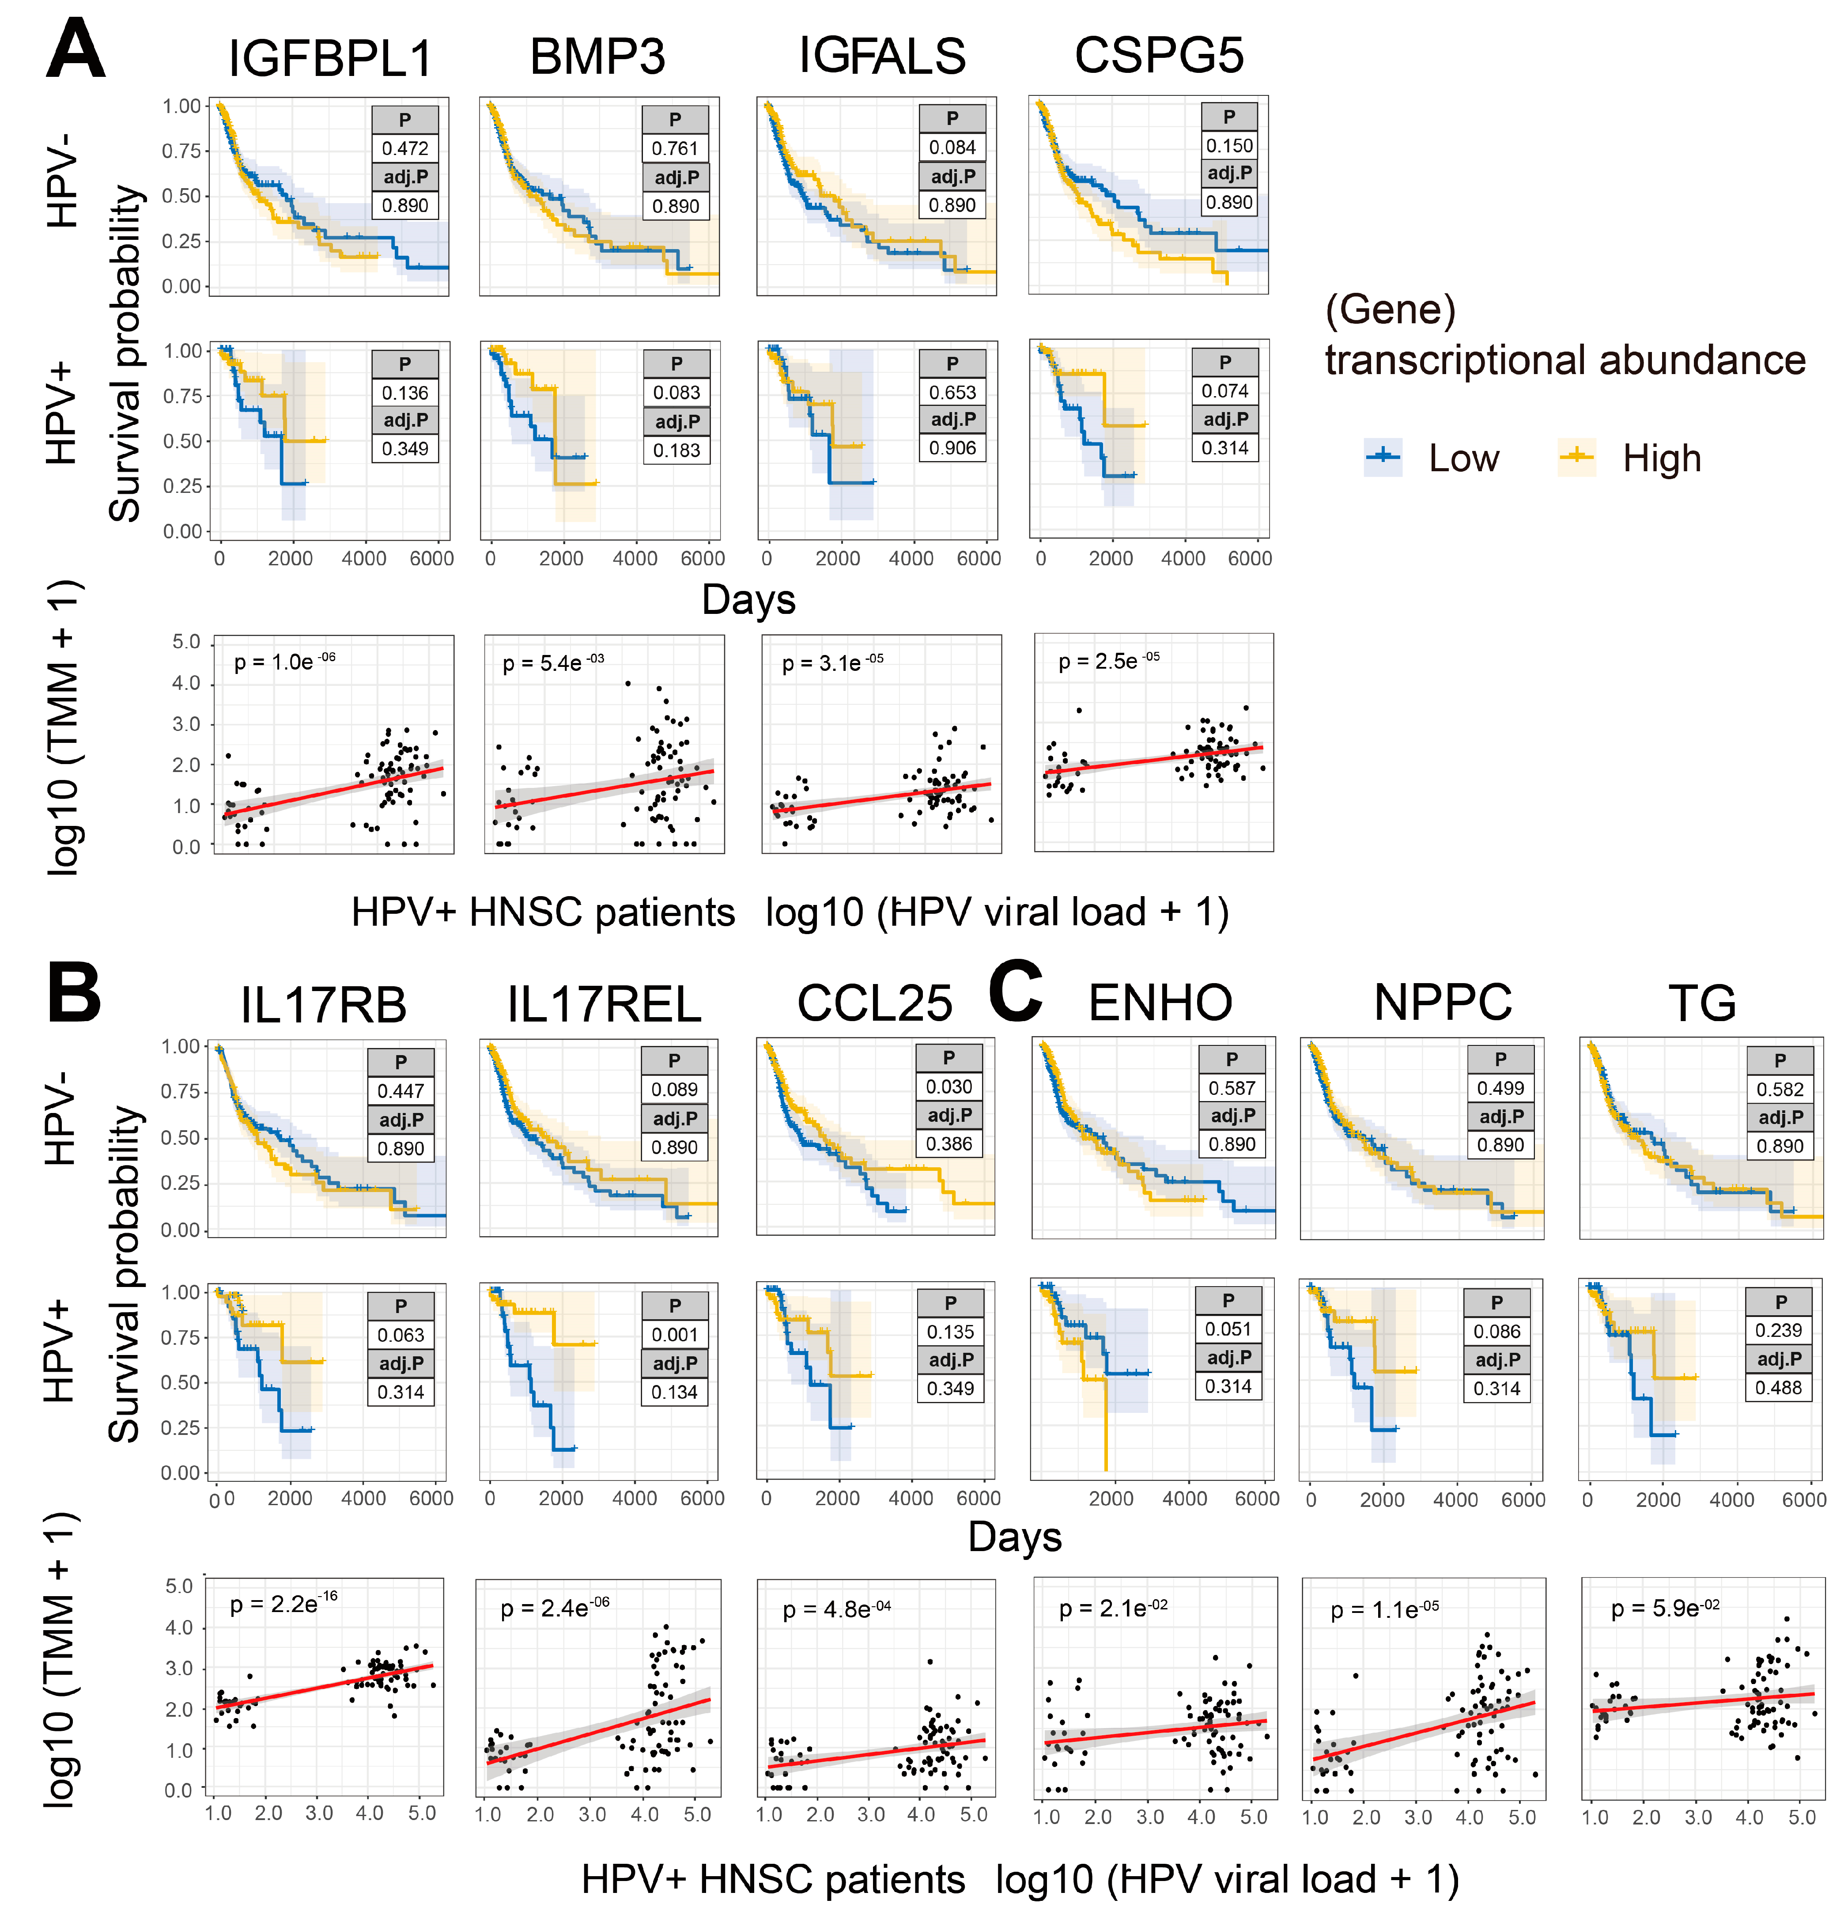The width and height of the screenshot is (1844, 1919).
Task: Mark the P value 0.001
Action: [x=674, y=1335]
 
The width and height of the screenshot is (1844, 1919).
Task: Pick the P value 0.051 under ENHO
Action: [x=1228, y=1329]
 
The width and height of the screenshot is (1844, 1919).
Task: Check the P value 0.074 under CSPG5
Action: [x=1224, y=391]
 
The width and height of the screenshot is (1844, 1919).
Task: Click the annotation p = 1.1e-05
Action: [x=1384, y=1609]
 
